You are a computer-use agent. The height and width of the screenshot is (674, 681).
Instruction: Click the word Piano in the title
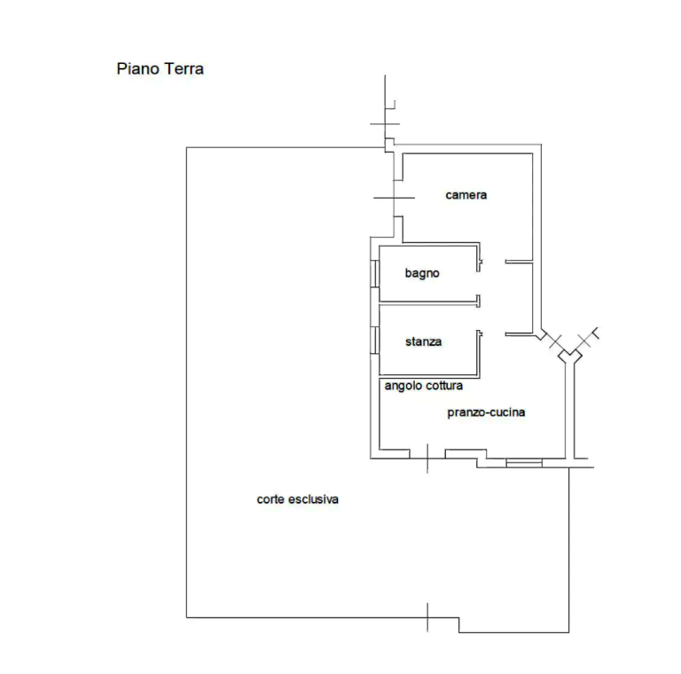click(134, 69)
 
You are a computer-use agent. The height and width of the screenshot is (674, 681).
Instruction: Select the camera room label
click(466, 195)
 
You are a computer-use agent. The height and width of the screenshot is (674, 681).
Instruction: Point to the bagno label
click(422, 274)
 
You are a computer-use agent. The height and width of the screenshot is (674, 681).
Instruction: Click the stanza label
click(423, 341)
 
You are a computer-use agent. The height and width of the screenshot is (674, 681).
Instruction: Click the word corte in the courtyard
click(272, 500)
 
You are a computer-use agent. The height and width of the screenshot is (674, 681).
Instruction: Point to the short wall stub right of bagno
click(520, 261)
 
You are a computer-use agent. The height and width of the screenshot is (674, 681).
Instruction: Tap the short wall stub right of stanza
click(520, 333)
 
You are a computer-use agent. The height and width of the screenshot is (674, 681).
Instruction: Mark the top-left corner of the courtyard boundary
click(186, 147)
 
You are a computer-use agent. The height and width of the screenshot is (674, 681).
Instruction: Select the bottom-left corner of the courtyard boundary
click(186, 617)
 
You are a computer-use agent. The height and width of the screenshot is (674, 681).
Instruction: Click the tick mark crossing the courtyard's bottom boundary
click(430, 616)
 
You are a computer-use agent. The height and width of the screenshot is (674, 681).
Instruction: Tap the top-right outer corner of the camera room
click(540, 145)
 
